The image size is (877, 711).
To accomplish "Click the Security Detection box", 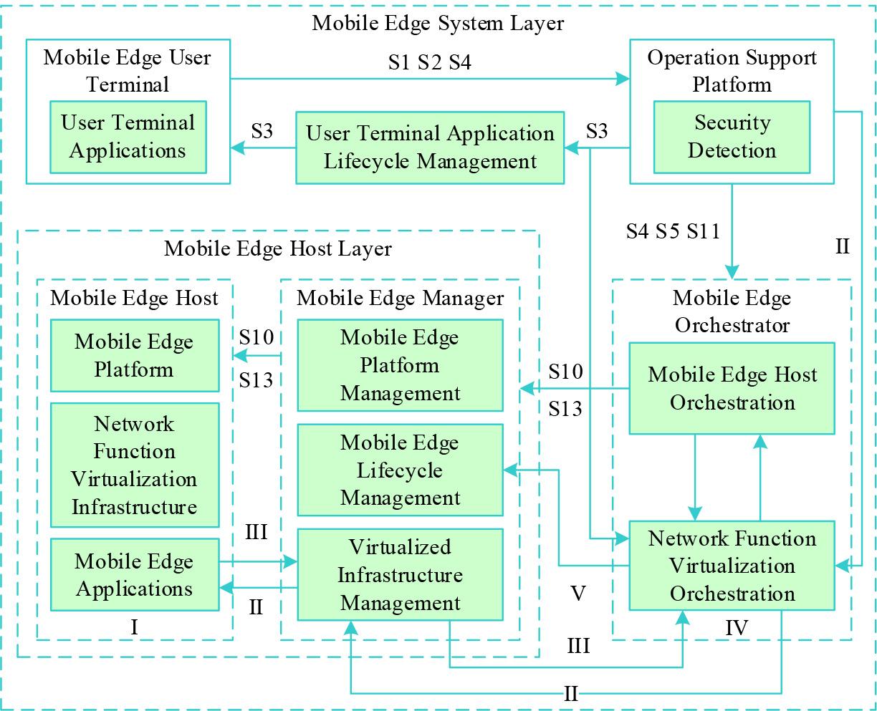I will click(732, 137).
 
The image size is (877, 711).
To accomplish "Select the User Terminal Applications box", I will click(128, 137).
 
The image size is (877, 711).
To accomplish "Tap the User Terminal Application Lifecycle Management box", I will click(430, 147).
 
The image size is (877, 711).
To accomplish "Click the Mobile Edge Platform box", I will click(135, 356).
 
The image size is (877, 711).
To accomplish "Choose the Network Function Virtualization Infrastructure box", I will click(135, 465).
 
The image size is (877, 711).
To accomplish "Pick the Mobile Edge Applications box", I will click(135, 575).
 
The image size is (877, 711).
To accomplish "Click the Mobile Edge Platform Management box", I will click(400, 365).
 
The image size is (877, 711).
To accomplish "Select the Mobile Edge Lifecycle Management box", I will click(400, 470).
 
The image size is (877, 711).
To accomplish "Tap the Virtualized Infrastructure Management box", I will click(400, 575).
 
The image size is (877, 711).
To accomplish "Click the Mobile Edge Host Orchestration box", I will click(732, 388).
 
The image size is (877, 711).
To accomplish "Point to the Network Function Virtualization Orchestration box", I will click(732, 566).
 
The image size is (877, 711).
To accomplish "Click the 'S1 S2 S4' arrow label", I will click(430, 63).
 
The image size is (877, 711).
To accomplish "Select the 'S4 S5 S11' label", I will click(672, 231).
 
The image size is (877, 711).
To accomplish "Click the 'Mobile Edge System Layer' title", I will click(438, 23).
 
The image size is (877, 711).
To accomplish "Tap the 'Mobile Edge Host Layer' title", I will click(278, 248).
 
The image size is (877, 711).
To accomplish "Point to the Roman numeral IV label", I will click(737, 628).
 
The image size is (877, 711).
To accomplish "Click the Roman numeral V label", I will click(578, 593).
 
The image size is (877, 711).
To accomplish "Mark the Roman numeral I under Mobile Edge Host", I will click(134, 627).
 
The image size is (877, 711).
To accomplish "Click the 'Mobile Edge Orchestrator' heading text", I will click(732, 311).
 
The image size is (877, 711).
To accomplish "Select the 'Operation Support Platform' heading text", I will click(732, 70).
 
